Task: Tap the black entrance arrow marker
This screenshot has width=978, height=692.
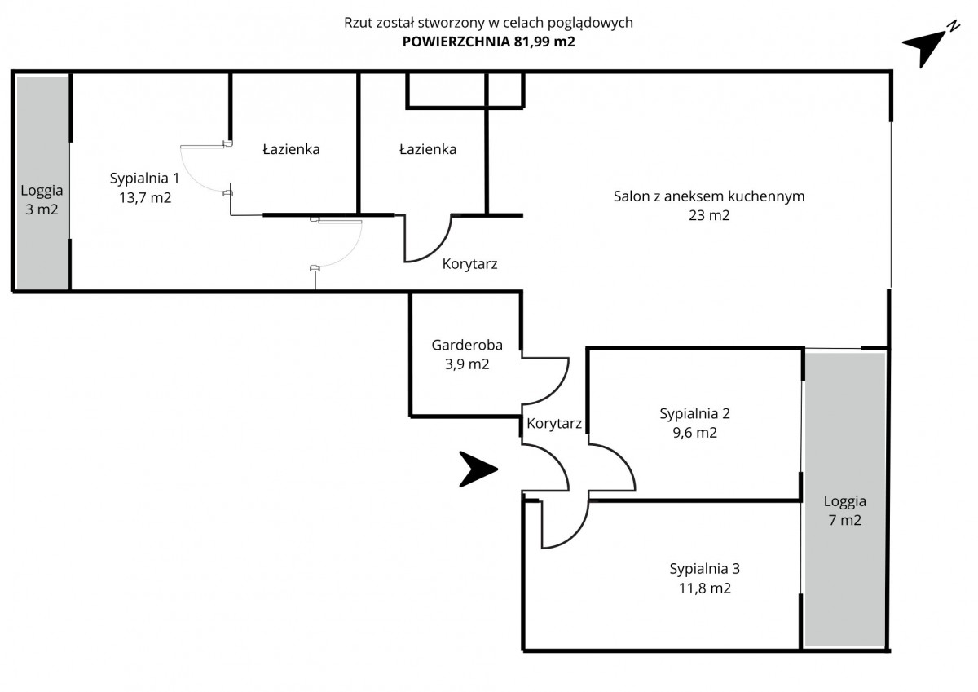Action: click(477, 469)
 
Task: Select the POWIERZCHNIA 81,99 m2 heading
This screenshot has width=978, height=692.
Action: click(489, 43)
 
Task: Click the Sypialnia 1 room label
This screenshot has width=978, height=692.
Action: click(144, 178)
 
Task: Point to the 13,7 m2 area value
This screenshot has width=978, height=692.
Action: click(144, 197)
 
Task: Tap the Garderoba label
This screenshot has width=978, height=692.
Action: click(460, 345)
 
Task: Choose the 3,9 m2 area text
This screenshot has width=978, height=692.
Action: click(460, 364)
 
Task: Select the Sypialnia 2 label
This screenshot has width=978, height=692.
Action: click(694, 413)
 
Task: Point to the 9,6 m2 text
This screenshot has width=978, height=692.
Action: click(694, 433)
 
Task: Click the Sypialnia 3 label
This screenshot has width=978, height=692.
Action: click(705, 569)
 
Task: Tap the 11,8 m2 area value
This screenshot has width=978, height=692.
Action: click(705, 588)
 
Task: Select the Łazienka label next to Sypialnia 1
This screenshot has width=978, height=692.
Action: click(291, 150)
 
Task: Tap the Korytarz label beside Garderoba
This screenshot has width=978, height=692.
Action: click(554, 424)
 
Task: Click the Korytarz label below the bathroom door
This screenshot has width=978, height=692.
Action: click(469, 264)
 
